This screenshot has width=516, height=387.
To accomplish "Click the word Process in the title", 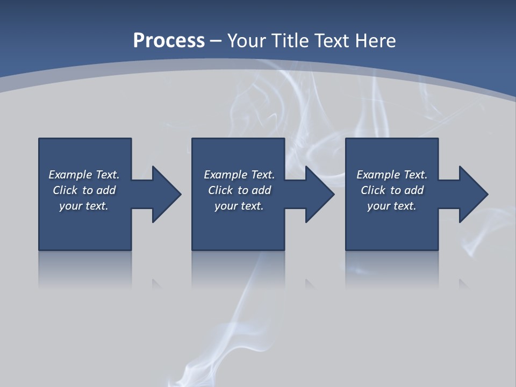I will [169, 41].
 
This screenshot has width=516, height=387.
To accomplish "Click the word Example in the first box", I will [70, 175].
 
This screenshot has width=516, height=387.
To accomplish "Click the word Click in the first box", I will [65, 190].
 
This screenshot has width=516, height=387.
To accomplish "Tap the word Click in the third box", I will [373, 190].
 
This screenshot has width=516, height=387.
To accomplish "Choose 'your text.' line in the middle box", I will [239, 206].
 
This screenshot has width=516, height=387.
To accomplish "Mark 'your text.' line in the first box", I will [84, 206].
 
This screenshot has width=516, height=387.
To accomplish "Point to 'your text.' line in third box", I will [392, 206].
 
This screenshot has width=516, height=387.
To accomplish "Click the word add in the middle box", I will [261, 190].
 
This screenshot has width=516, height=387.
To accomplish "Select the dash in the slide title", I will [216, 41].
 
